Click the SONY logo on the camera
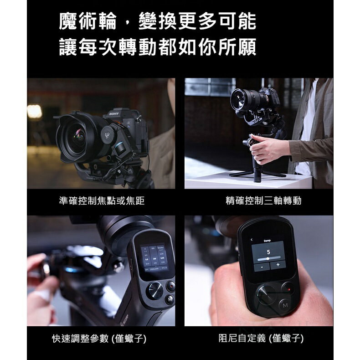click(113, 112)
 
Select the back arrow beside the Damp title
click(251, 240)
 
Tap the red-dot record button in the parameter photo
click(170, 286)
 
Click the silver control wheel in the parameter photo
click(154, 290)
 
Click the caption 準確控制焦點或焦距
click(102, 201)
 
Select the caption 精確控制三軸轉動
click(263, 201)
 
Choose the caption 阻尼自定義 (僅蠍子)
click(261, 339)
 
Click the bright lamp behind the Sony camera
click(35, 112)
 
